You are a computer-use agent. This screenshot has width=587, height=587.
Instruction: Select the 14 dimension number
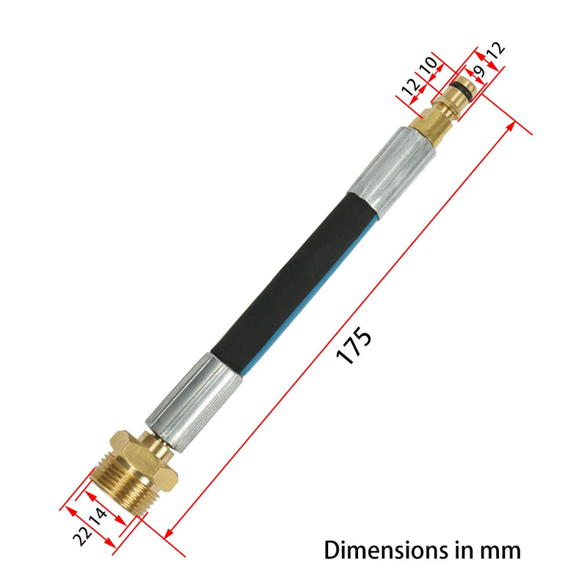tap(98, 522)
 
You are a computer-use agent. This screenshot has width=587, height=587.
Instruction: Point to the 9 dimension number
tap(480, 71)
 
